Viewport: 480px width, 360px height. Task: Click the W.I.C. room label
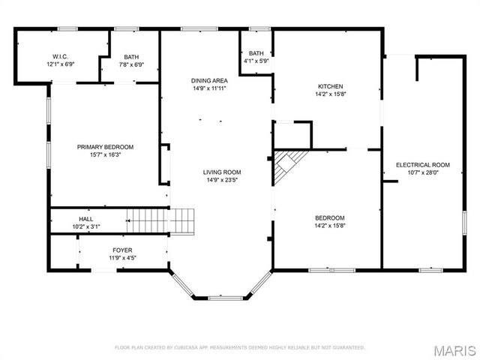coord(60,56)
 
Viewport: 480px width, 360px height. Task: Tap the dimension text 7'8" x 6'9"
coord(132,64)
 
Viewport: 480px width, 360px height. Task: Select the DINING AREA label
coord(209,79)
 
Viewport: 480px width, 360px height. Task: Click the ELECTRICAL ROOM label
coord(423,164)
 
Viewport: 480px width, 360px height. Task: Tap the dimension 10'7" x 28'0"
coord(423,172)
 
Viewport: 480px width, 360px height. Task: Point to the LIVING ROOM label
coord(222,172)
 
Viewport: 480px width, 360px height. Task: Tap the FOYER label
coord(122,250)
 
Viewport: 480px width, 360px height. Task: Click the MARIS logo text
coord(453,350)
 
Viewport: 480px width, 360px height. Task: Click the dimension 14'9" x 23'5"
coord(222,180)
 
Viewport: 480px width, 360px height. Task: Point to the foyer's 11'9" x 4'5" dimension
coord(122,258)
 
